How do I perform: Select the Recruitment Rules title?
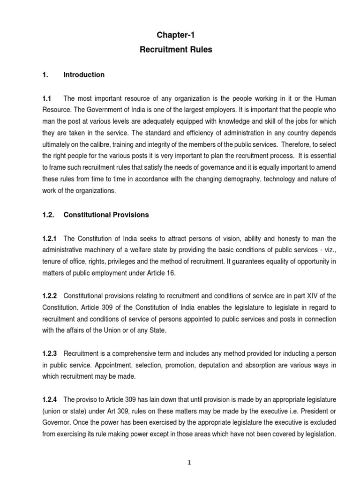[x=176, y=50]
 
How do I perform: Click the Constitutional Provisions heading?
[x=106, y=215]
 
